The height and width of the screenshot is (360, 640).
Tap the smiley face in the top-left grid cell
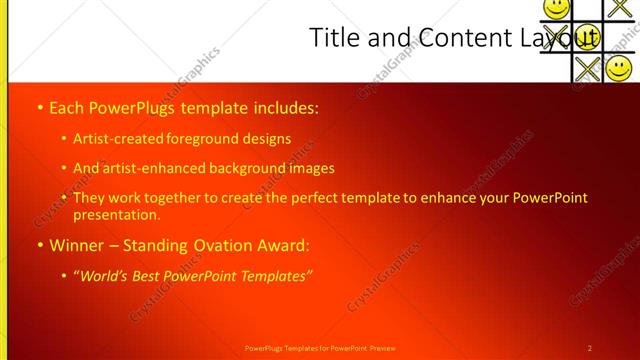point(556,8)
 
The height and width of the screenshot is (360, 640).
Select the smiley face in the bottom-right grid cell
point(619,68)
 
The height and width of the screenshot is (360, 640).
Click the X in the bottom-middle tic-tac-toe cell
point(588,68)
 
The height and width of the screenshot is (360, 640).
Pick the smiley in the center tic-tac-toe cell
point(588,38)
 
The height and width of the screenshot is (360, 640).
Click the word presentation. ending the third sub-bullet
point(116,214)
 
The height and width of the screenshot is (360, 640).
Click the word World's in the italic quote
point(107,275)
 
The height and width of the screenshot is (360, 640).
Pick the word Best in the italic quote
point(152,275)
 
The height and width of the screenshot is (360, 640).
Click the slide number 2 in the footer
point(590,348)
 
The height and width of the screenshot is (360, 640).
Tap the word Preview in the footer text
point(383,348)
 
